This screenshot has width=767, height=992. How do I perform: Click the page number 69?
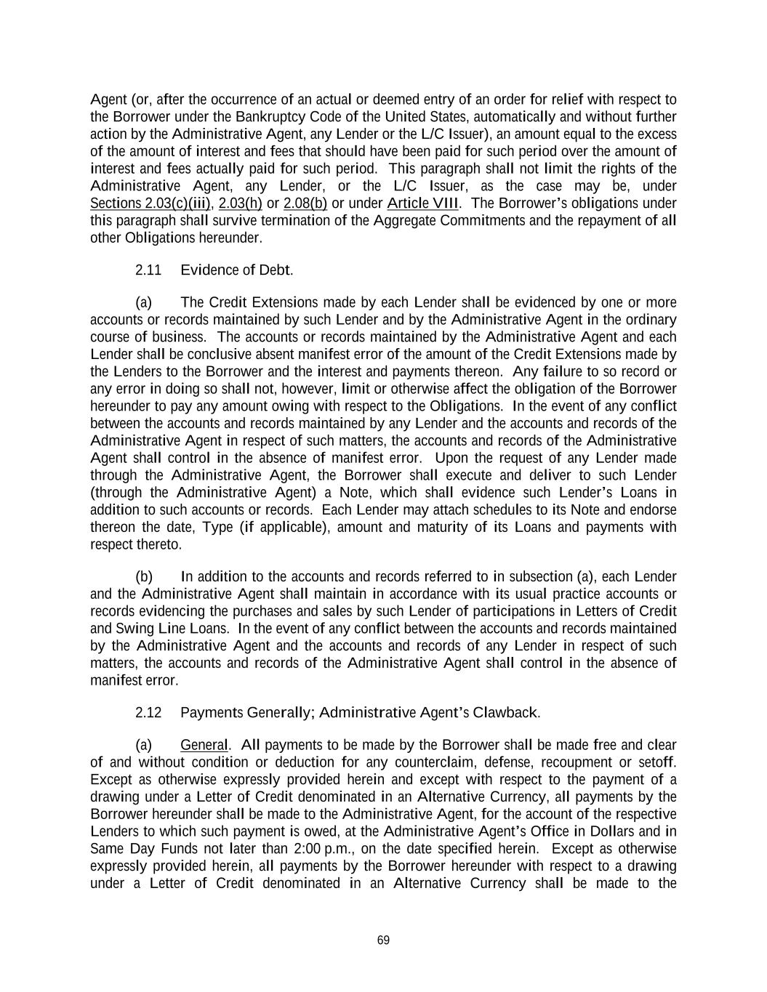[383, 940]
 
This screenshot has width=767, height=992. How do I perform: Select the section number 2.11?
[148, 270]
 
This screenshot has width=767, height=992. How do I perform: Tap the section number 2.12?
[148, 712]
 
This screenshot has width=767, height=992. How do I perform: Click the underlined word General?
[204, 745]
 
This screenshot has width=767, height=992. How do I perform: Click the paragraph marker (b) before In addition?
[144, 577]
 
